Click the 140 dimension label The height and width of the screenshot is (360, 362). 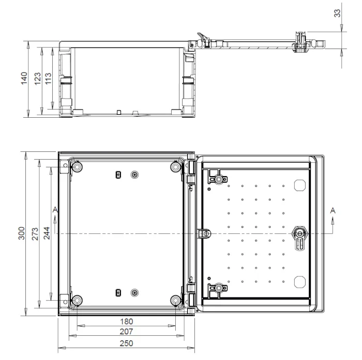click(24, 79)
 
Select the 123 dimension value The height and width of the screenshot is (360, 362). click(37, 79)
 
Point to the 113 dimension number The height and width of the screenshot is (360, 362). click(48, 79)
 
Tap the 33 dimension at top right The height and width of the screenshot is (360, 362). click(337, 13)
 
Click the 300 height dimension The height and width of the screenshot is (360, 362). click(22, 233)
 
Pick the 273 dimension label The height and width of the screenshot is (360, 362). click(35, 234)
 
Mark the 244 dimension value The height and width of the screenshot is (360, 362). click(47, 233)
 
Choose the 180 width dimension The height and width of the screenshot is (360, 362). click(127, 321)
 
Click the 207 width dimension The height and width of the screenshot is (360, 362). click(126, 332)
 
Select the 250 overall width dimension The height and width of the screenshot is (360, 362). click(126, 343)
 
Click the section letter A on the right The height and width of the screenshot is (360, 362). click(333, 210)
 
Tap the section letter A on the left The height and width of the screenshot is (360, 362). click(55, 210)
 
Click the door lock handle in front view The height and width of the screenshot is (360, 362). click(299, 238)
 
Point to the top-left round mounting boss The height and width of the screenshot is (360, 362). click(78, 167)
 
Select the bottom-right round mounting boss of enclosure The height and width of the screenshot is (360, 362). click(175, 300)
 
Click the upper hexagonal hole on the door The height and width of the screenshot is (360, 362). click(299, 185)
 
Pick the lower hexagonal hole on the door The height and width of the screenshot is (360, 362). click(299, 282)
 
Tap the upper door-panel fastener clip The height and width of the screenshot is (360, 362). click(218, 179)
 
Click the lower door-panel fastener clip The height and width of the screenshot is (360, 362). click(218, 288)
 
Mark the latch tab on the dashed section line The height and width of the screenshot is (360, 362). click(204, 233)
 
